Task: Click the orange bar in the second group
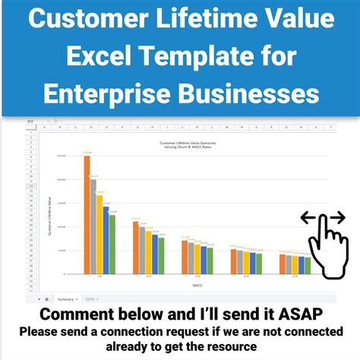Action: pos(135,247)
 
